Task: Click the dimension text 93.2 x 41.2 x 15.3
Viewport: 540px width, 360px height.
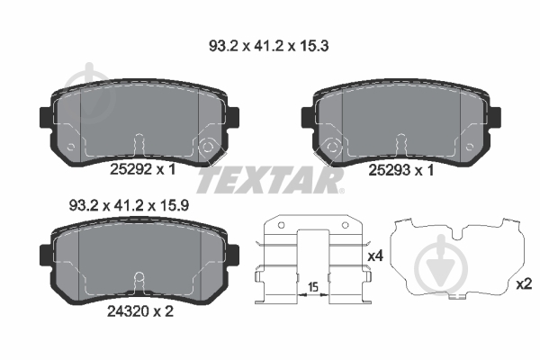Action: (x=268, y=46)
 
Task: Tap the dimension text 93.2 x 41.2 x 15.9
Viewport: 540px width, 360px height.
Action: (x=129, y=206)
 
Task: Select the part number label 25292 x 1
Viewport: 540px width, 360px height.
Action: (x=142, y=169)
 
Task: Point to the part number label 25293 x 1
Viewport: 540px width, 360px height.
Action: (x=401, y=170)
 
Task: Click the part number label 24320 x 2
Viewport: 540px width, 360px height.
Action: (x=140, y=311)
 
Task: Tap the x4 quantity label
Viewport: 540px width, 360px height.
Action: (x=375, y=256)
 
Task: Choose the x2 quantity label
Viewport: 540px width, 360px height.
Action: (x=525, y=284)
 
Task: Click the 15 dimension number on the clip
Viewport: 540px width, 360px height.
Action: (x=313, y=286)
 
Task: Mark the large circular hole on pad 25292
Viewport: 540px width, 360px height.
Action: (x=207, y=147)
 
